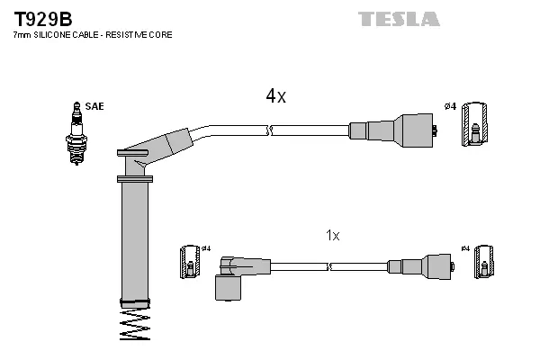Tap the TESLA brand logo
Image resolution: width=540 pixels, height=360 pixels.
(x=399, y=19)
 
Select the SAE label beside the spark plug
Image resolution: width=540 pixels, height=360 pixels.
(x=95, y=106)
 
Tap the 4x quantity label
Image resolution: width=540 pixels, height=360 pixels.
(x=275, y=96)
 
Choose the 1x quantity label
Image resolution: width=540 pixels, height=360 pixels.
(x=332, y=235)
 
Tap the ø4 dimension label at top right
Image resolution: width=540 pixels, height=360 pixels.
(x=450, y=107)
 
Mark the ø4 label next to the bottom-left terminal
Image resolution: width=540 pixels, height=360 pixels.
(x=205, y=248)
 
